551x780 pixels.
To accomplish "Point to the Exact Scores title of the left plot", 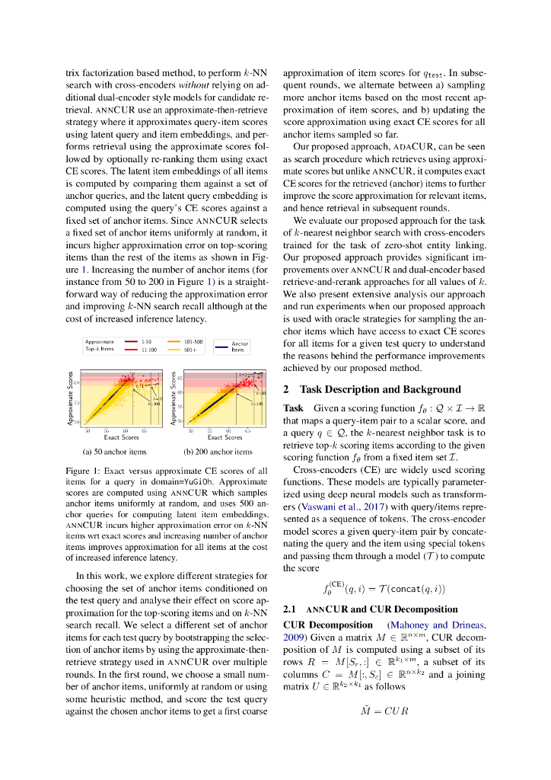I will point(120,437).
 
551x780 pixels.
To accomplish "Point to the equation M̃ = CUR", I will point(384,711).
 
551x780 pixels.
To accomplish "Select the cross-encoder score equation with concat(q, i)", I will point(384,588).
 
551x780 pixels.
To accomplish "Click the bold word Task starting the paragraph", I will point(293,409).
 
